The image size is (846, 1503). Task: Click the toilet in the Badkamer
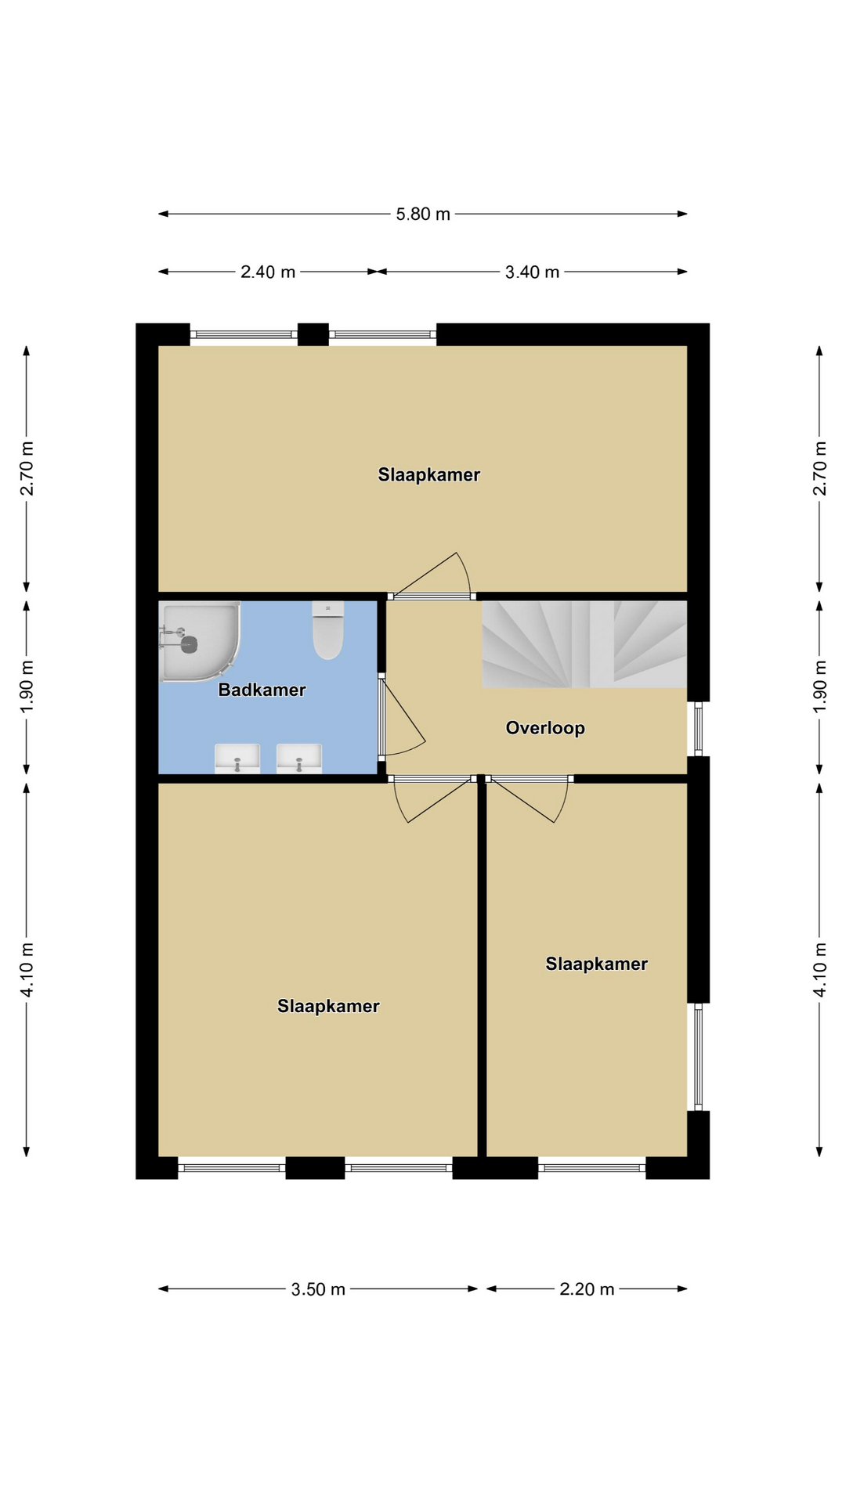click(x=328, y=629)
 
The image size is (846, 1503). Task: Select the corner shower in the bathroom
click(x=199, y=641)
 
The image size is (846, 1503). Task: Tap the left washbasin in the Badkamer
click(x=237, y=759)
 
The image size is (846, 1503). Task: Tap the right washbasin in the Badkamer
click(x=299, y=759)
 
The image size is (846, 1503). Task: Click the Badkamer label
click(x=262, y=690)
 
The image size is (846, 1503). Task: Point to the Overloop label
click(x=545, y=728)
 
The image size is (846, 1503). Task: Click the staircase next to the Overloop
click(x=584, y=644)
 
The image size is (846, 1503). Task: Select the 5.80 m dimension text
click(x=423, y=214)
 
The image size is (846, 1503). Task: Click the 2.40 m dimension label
click(x=268, y=272)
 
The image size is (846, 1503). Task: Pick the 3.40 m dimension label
click(x=532, y=272)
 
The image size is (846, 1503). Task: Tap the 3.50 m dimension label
click(x=318, y=1289)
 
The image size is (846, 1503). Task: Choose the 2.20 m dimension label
click(x=587, y=1289)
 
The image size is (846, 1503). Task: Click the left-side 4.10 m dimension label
click(x=27, y=969)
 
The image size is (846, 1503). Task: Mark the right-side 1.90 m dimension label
click(x=820, y=687)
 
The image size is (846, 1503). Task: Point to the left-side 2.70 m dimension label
click(x=27, y=468)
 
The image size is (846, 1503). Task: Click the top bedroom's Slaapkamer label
click(x=429, y=474)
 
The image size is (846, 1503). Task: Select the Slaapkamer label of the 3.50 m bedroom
click(x=328, y=1006)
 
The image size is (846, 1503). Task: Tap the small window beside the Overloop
click(x=699, y=729)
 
